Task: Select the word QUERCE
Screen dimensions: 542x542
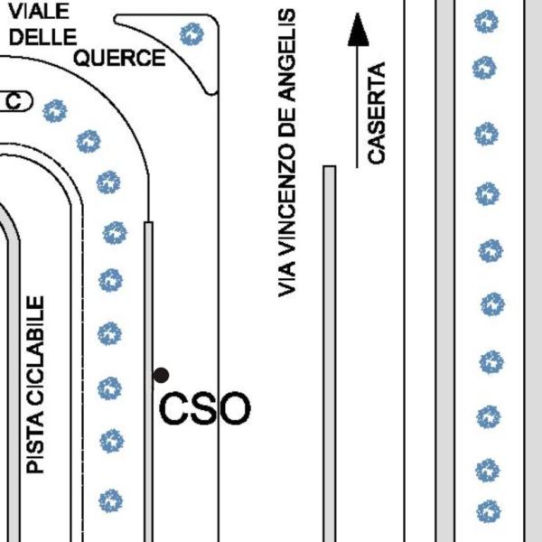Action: pyautogui.click(x=119, y=59)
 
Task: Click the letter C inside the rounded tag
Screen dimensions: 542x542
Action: pyautogui.click(x=15, y=102)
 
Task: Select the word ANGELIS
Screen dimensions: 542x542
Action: pyautogui.click(x=287, y=55)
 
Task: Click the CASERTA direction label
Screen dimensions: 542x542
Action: pyautogui.click(x=376, y=113)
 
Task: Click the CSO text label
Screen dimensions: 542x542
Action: pyautogui.click(x=204, y=408)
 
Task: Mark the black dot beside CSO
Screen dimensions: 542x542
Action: pyautogui.click(x=161, y=375)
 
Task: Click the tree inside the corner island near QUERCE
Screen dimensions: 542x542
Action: pyautogui.click(x=192, y=35)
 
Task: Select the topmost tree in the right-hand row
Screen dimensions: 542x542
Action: pyautogui.click(x=487, y=21)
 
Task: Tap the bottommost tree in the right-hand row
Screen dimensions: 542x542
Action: pyautogui.click(x=488, y=511)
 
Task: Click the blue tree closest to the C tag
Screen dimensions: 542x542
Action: pyautogui.click(x=56, y=111)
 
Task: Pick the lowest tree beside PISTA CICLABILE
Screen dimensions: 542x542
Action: pyautogui.click(x=110, y=500)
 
